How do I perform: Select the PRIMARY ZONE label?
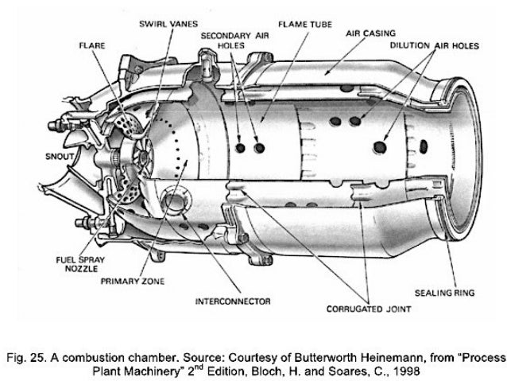[131, 281]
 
